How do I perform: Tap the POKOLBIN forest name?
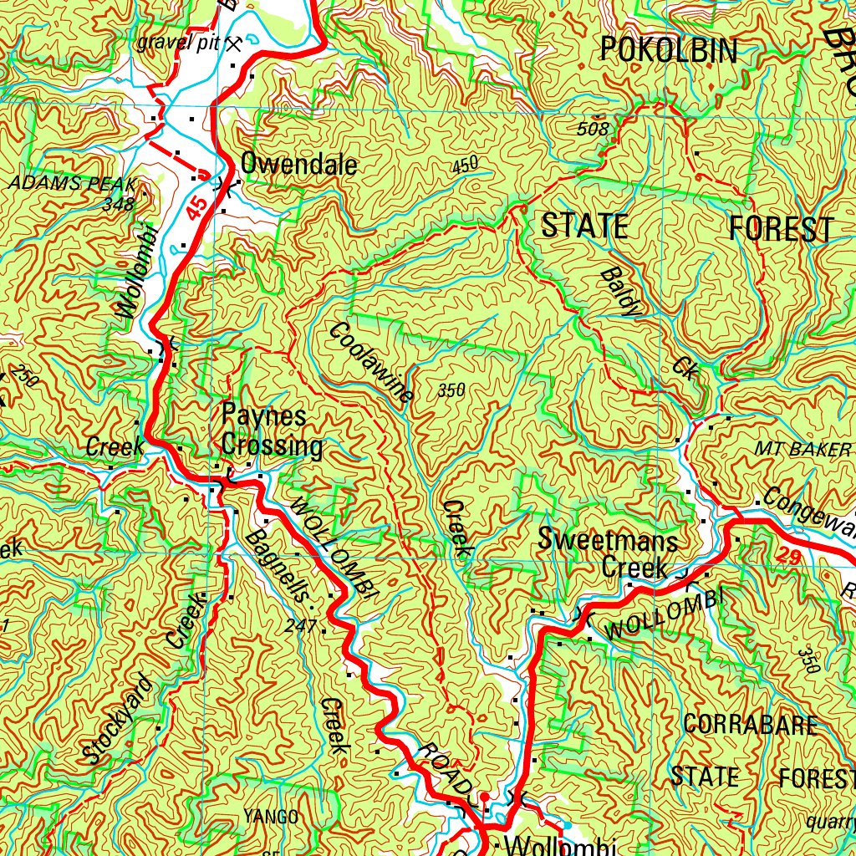click(669, 51)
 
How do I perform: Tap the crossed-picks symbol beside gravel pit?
click(235, 43)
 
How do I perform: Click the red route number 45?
click(196, 209)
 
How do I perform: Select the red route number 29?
click(787, 553)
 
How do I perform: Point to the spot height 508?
click(594, 128)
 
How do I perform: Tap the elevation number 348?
click(119, 203)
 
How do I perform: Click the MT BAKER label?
click(802, 450)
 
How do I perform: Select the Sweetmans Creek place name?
click(608, 553)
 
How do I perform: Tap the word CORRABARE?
click(749, 724)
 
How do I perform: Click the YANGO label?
click(271, 816)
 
